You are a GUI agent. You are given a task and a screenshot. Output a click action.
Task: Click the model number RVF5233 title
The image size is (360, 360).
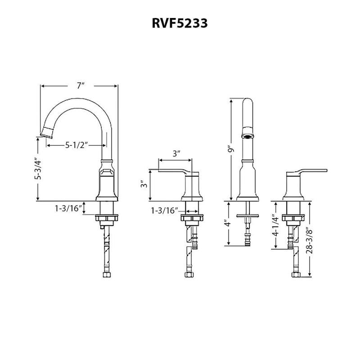180,24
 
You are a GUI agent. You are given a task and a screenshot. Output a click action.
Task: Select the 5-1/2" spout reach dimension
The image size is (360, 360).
76,145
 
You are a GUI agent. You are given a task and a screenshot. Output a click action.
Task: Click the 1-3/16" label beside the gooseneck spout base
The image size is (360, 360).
69,208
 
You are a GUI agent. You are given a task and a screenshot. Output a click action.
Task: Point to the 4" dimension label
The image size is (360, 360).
228,223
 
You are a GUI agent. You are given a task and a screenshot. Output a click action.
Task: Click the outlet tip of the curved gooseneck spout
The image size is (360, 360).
46,132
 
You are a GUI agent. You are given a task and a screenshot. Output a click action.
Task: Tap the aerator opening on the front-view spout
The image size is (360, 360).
247,135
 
